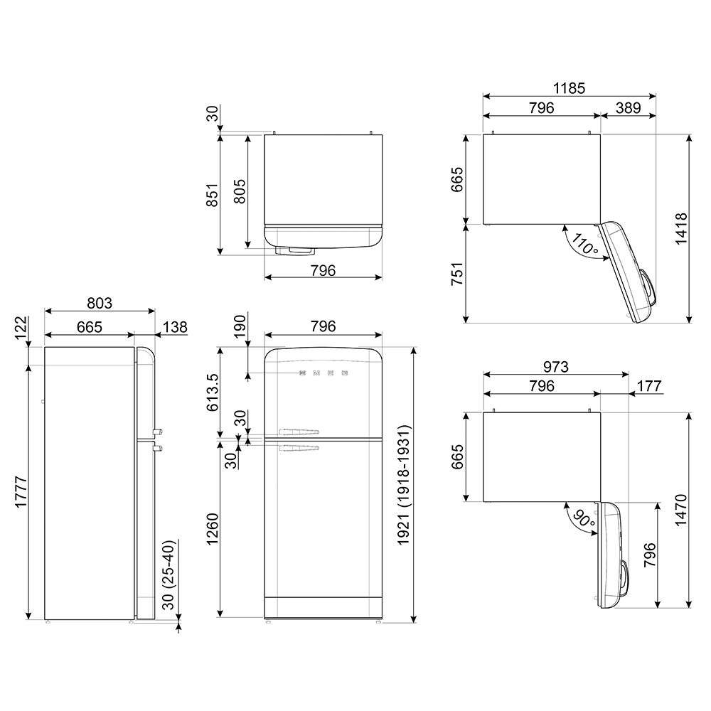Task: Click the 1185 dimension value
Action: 569,88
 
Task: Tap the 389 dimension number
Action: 629,108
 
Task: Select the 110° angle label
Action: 584,243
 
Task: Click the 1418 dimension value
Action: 681,228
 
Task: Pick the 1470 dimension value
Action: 681,510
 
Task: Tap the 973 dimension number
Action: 555,366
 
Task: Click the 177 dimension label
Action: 649,386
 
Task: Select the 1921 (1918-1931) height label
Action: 404,485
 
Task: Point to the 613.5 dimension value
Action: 212,392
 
